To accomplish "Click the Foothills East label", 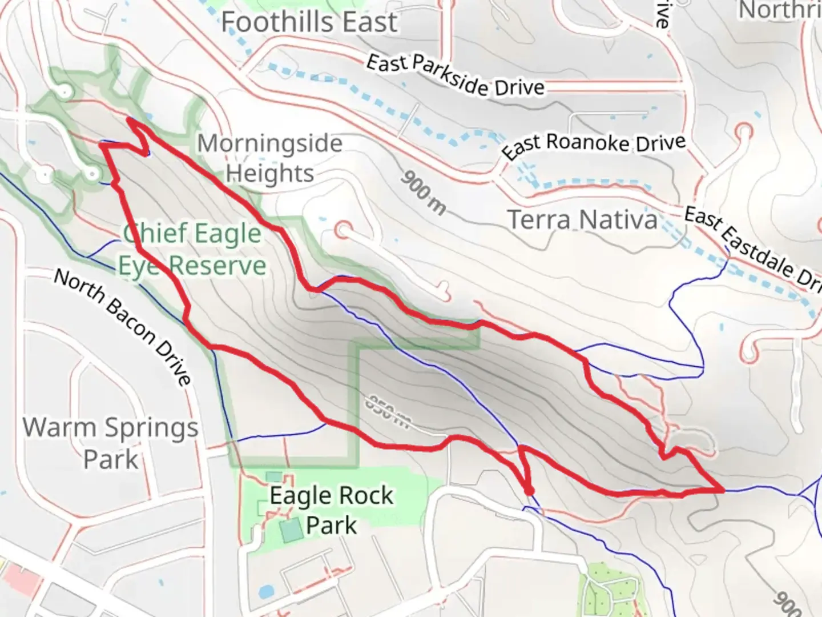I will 309,23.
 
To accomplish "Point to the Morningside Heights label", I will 270,158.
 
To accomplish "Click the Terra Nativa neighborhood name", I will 582,221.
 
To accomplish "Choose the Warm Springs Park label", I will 111,443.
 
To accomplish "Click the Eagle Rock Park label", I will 332,510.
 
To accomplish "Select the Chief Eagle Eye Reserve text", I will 192,250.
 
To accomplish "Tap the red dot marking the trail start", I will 529,491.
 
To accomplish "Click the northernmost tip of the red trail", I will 130,119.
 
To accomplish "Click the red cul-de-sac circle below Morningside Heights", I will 343,231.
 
